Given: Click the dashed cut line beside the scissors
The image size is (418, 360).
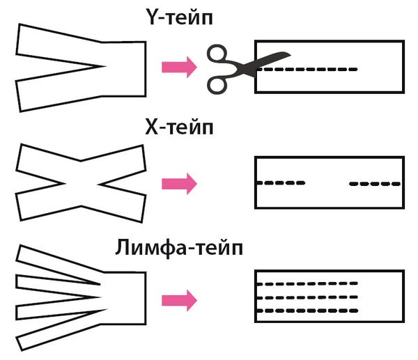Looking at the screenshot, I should [313, 70].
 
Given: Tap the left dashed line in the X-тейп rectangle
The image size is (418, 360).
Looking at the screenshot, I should [281, 184].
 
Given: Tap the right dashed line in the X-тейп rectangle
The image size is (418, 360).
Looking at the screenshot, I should [375, 184].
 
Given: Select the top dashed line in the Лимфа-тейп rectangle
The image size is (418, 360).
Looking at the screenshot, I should [307, 284].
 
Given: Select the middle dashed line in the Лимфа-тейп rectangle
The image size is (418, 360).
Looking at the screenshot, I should [307, 297].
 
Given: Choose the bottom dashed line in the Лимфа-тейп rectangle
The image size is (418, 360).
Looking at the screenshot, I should [307, 310].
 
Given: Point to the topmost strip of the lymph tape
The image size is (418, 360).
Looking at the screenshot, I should [56, 260].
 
